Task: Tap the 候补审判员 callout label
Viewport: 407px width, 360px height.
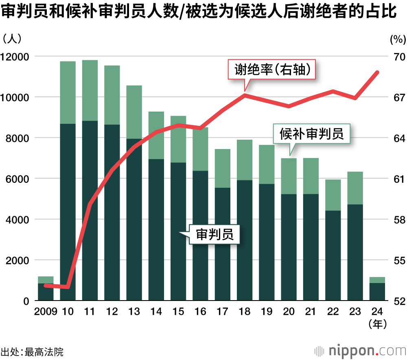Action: tap(312, 134)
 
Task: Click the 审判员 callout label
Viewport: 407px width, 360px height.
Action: tap(214, 234)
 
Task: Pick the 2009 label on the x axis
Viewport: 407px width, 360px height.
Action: tap(46, 312)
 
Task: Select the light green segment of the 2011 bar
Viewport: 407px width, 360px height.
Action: tap(90, 90)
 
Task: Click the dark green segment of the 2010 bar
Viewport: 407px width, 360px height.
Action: tap(68, 212)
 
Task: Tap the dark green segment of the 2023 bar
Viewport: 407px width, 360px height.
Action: tap(355, 252)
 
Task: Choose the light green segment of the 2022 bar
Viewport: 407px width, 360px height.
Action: tap(333, 195)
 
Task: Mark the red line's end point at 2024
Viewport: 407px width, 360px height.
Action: tap(377, 72)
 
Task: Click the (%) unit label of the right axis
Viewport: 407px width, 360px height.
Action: tap(398, 40)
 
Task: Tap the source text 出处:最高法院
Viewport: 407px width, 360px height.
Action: tap(32, 351)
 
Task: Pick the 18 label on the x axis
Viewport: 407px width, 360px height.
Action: tap(245, 312)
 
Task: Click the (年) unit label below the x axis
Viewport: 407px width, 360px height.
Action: tap(377, 324)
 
